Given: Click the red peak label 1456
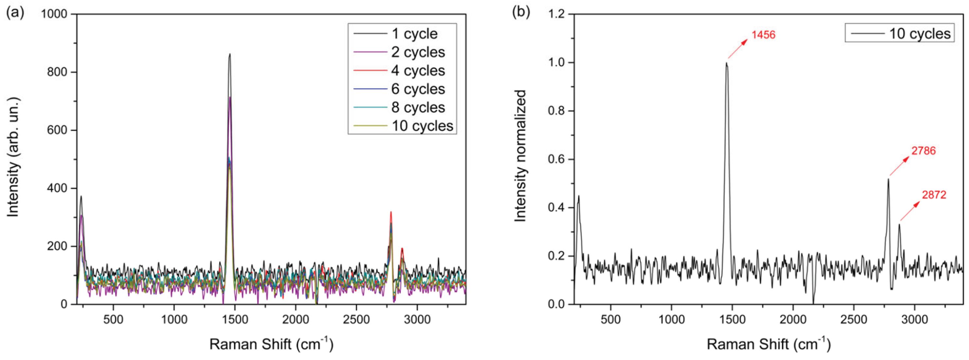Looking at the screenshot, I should pyautogui.click(x=763, y=35).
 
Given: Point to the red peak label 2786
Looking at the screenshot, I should pyautogui.click(x=923, y=151).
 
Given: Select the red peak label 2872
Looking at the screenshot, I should pyautogui.click(x=934, y=195).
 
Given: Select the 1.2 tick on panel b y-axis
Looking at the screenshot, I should pyautogui.click(x=557, y=14).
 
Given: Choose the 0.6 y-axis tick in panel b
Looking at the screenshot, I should pyautogui.click(x=557, y=159).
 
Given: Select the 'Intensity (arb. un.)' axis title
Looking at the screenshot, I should pyautogui.click(x=13, y=157).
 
